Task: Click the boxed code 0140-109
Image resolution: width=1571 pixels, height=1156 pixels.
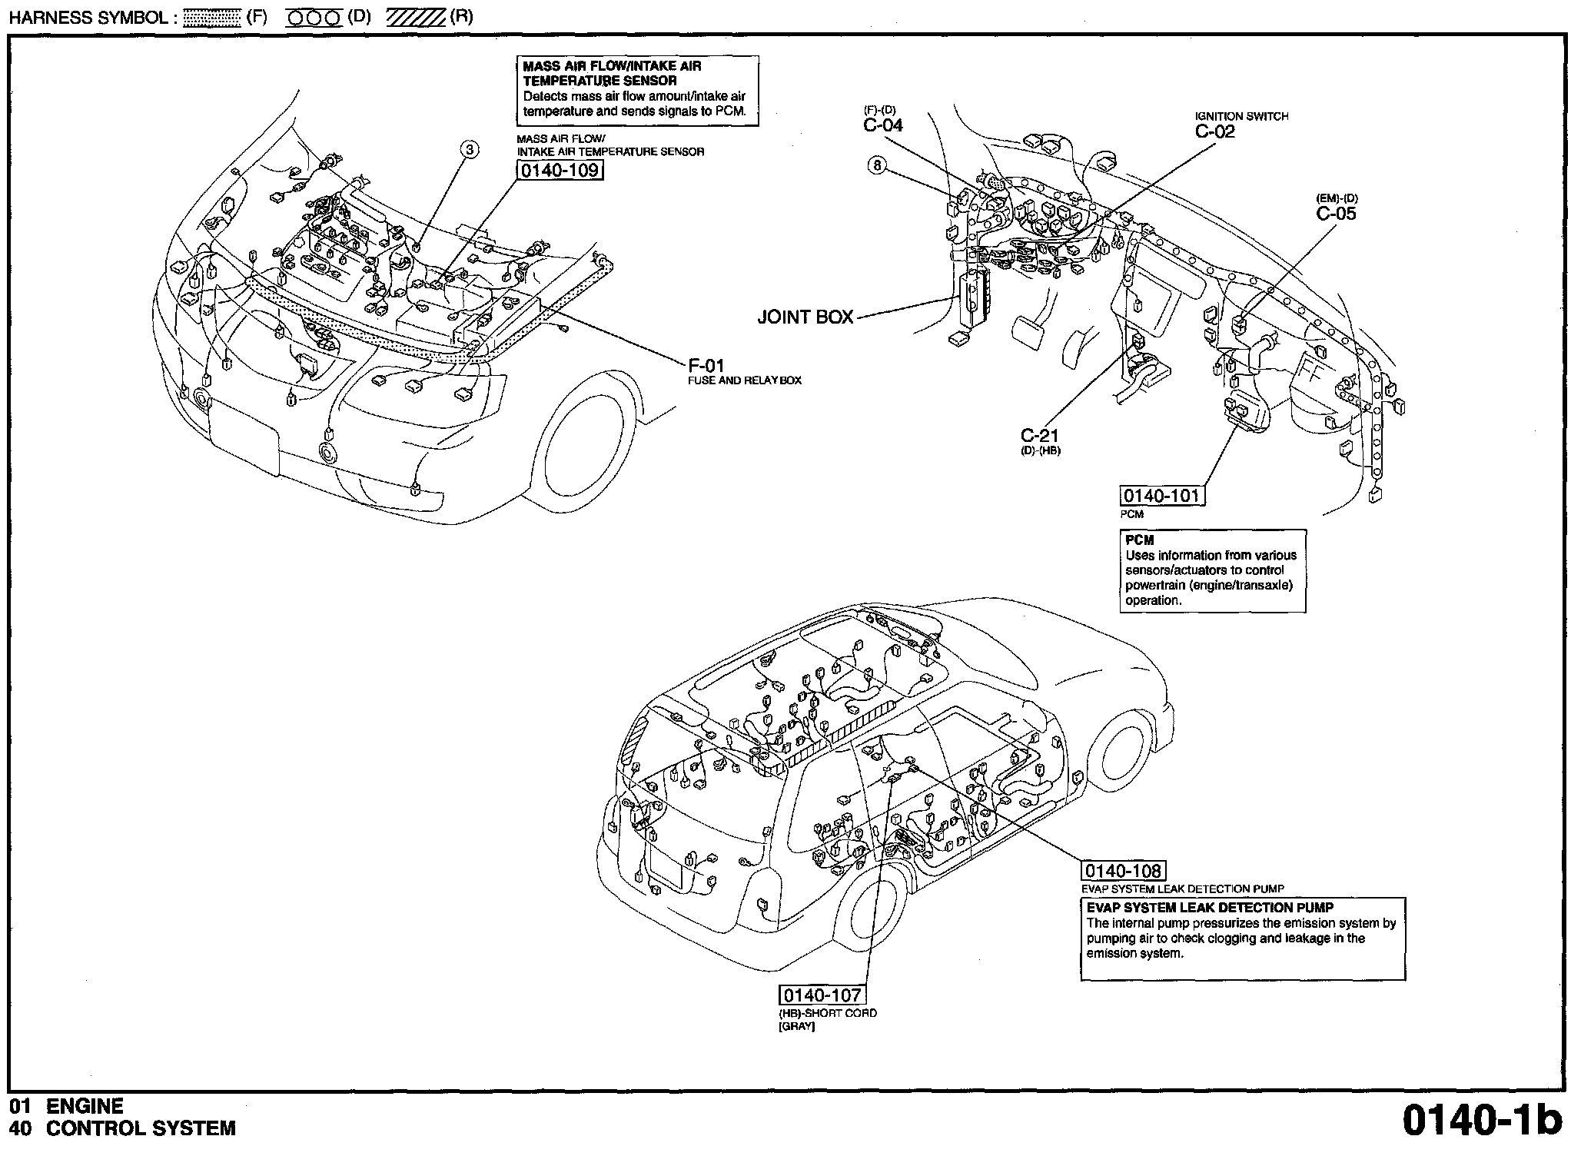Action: click(559, 170)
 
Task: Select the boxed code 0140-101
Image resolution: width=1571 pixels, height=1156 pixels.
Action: click(1161, 496)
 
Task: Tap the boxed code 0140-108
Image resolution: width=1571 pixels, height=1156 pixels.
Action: click(1123, 871)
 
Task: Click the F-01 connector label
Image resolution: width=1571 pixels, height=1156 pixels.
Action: click(706, 366)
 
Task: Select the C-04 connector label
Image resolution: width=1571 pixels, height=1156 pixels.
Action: click(883, 125)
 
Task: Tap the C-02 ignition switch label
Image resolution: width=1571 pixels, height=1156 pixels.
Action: click(1215, 131)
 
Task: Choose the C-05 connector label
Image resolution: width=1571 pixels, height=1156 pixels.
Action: click(1336, 214)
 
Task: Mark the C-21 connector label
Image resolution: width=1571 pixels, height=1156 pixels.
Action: click(1040, 436)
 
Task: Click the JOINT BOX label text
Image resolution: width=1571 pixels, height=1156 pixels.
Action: click(805, 317)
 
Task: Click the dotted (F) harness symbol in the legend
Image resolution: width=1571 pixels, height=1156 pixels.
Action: click(213, 18)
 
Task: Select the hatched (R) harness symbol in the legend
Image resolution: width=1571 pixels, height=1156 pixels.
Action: click(415, 18)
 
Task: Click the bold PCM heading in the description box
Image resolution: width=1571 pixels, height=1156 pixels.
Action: click(1140, 540)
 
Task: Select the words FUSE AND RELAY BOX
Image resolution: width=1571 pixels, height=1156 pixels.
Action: click(745, 380)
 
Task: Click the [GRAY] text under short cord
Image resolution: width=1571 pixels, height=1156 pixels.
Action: click(797, 1027)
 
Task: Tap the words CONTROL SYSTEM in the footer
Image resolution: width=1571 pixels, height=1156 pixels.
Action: click(141, 1128)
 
